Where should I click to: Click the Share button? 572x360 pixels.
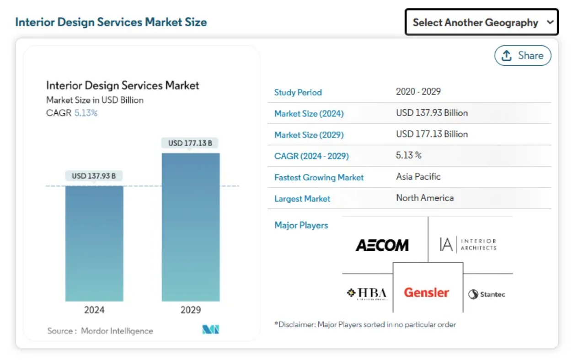tap(523, 56)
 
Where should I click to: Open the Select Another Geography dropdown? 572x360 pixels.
tap(481, 22)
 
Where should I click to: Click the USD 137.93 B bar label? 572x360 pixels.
tap(94, 176)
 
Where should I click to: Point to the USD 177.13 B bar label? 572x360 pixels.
tap(190, 143)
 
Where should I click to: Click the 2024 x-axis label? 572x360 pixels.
tap(94, 310)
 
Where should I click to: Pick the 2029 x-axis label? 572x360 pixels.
tap(191, 310)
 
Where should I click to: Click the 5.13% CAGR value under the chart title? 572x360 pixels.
tap(86, 113)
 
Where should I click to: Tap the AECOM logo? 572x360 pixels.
tap(382, 245)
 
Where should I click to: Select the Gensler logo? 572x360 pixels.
tap(427, 292)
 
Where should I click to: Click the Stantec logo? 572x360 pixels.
tap(486, 294)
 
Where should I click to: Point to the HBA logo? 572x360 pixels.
tap(367, 293)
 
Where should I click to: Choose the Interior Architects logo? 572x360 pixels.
tap(468, 244)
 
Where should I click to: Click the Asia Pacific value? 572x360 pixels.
tap(418, 177)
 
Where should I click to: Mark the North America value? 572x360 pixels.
tap(425, 198)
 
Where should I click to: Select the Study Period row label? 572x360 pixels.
tap(298, 92)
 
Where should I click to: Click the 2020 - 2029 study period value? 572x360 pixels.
tap(418, 91)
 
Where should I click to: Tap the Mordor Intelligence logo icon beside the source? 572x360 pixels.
tap(211, 329)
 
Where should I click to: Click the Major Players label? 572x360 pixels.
tap(301, 225)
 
